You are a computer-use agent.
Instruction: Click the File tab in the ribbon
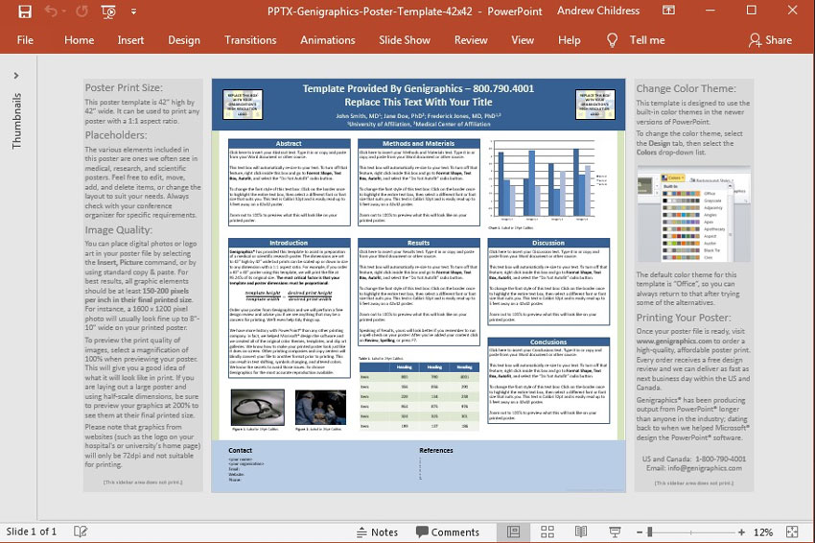click(x=25, y=40)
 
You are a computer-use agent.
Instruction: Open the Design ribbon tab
click(x=184, y=40)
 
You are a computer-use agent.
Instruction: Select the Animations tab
click(x=327, y=40)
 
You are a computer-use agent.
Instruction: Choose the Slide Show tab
click(x=404, y=40)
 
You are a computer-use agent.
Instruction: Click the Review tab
click(x=471, y=40)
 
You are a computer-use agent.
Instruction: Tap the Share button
click(x=771, y=40)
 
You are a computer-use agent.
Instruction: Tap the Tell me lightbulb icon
click(x=613, y=40)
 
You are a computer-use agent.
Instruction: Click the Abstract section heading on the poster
click(x=289, y=144)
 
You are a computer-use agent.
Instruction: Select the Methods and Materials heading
click(x=419, y=144)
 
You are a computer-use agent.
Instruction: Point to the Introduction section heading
click(x=289, y=244)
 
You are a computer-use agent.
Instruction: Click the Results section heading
click(x=419, y=244)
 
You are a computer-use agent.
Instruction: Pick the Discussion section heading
click(x=548, y=244)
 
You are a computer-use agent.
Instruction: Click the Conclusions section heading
click(x=548, y=342)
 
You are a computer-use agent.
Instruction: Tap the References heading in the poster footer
click(x=436, y=450)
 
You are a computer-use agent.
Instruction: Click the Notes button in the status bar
click(x=376, y=532)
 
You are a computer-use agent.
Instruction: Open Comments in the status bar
click(x=447, y=532)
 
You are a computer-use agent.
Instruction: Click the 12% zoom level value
click(x=763, y=532)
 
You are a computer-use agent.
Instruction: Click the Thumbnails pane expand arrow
click(x=16, y=75)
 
